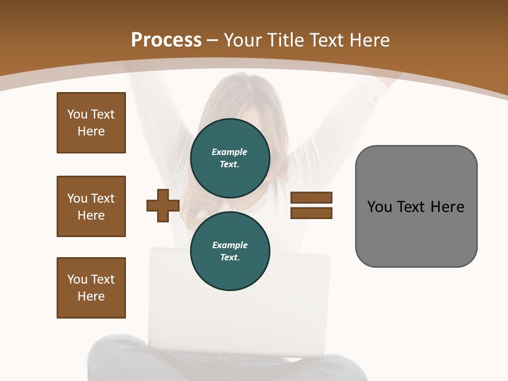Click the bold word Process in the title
coord(166,40)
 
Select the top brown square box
coord(91,123)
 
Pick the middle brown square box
coord(91,206)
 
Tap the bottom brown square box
coord(91,288)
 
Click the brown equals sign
coord(311,206)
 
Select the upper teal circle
coord(230,158)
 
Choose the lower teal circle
coord(230,251)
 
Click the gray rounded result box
coord(416,206)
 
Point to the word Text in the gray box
coord(412,207)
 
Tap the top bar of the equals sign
coord(311,198)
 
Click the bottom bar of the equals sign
coord(311,213)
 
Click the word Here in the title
coord(368,40)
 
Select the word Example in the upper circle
coord(230,152)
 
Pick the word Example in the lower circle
coord(230,246)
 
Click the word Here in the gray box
coord(448,207)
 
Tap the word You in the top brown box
coord(77,114)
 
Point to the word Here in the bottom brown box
coord(91,297)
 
